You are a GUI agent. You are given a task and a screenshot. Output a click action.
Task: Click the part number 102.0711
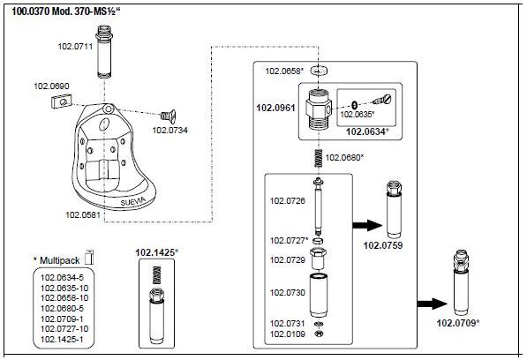75,46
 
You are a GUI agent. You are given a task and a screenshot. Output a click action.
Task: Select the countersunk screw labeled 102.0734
168,116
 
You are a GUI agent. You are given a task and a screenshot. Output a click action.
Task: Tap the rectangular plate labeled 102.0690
62,101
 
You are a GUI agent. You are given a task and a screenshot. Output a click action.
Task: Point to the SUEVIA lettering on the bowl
133,201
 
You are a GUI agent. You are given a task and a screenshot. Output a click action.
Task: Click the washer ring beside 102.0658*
319,71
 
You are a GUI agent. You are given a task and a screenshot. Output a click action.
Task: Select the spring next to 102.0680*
318,158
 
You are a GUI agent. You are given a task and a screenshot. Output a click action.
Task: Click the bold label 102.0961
275,108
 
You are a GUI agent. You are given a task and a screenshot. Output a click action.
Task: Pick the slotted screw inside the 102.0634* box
383,99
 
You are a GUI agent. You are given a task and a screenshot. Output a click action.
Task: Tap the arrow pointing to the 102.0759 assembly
367,225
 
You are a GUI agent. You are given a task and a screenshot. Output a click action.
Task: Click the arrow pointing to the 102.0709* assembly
433,304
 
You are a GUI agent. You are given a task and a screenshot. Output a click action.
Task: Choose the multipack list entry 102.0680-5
62,308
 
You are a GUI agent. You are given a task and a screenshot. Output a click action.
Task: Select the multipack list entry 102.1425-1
62,339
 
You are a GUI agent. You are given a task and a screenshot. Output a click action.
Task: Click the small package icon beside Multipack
89,258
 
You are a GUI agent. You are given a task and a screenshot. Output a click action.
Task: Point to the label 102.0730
288,293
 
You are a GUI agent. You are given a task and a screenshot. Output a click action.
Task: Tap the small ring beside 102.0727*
318,241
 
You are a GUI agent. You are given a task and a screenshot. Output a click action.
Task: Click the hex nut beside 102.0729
319,258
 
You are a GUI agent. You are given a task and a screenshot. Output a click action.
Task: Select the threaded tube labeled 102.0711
104,52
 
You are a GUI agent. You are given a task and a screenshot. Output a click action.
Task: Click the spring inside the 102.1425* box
156,275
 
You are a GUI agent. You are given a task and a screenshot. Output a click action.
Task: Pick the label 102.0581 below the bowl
83,214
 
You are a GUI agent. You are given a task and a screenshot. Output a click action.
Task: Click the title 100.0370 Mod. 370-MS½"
66,11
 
